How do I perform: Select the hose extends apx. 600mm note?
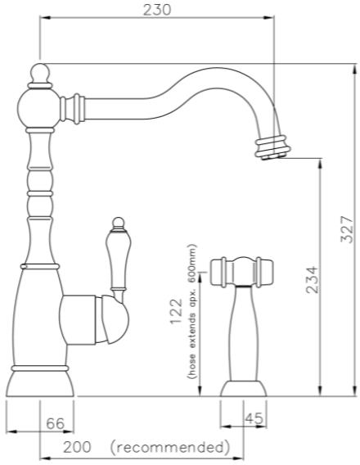[x=191, y=311]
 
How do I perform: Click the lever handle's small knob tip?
[x=118, y=222]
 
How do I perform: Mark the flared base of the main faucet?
[x=40, y=382]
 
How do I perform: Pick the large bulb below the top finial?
[x=38, y=107]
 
